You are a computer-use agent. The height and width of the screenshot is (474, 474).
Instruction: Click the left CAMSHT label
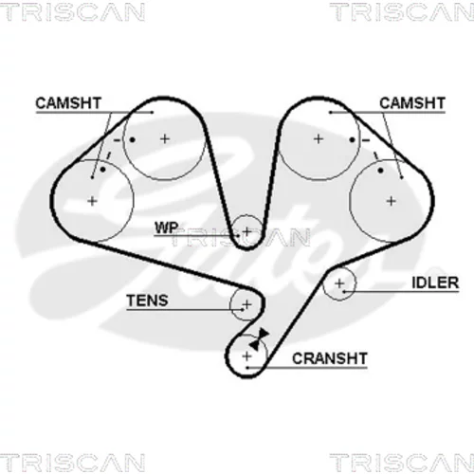pos(68,103)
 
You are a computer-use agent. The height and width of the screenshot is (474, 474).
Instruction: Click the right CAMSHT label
pos(412,103)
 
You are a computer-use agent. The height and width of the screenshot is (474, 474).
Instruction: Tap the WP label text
pos(166,228)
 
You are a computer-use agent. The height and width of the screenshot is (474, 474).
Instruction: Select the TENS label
pos(147,301)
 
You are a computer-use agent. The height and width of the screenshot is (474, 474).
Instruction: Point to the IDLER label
pos(435,283)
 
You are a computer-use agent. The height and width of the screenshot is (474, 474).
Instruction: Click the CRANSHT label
pos(330,358)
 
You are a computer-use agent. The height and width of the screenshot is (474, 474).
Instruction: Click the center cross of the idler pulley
pos(339,283)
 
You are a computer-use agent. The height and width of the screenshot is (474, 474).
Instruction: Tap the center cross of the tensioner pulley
pos(246,304)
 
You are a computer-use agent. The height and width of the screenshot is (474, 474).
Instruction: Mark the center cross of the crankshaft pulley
pos(246,356)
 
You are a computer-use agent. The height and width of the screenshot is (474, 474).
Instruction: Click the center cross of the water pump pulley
pos(246,232)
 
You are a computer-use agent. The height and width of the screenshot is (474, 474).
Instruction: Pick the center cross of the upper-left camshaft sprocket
pos(165,138)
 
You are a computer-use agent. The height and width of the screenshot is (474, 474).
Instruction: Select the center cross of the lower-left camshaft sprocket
pos(92,201)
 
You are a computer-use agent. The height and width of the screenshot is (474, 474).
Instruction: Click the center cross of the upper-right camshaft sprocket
pos(319,138)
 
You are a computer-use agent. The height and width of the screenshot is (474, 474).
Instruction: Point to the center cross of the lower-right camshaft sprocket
pos(392,201)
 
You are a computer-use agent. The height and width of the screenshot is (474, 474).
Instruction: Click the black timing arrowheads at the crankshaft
pos(259,339)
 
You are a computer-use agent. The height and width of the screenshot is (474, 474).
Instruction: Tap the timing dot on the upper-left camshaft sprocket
pos(133,139)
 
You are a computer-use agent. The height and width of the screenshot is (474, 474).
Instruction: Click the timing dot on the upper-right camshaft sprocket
pos(353,139)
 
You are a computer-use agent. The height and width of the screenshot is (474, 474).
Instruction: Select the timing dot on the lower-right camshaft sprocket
pos(380,171)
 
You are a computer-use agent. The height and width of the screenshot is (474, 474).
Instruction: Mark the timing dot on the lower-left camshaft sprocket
pos(102,170)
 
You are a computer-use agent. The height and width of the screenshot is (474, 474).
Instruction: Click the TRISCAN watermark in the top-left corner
pos(72,12)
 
